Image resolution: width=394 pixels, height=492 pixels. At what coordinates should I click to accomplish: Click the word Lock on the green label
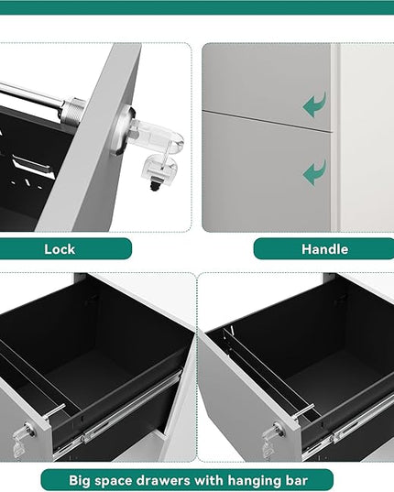(x=60, y=249)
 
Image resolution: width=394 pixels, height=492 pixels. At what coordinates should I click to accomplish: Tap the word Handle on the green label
(x=325, y=249)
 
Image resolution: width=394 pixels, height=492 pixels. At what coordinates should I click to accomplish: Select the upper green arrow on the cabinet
(x=314, y=104)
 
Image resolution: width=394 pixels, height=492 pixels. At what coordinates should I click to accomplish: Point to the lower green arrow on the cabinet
(x=314, y=172)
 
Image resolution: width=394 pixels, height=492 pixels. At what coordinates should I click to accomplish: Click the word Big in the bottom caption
(x=80, y=480)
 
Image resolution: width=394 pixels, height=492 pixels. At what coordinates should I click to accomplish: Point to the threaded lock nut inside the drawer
(x=73, y=112)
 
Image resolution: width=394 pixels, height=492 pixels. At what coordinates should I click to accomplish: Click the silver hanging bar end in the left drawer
(x=55, y=410)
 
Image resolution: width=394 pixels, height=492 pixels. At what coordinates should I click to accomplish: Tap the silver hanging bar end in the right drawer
(x=304, y=411)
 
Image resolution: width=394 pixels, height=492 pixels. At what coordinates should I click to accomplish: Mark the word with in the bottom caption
(x=210, y=480)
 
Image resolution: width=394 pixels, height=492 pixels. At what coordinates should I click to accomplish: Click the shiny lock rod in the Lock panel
(x=31, y=95)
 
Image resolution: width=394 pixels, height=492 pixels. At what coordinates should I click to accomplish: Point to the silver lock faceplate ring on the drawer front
(x=121, y=130)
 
